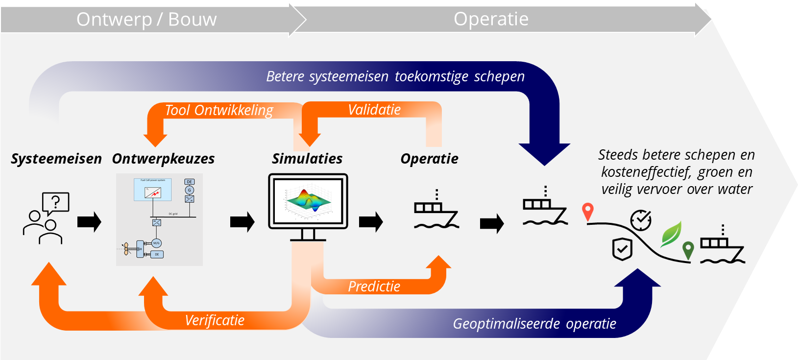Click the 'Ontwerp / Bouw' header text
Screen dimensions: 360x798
click(x=146, y=20)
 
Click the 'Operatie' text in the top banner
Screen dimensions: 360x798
click(x=491, y=19)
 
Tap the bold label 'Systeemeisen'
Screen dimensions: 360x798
click(x=56, y=159)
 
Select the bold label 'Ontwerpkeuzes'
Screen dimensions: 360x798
click(x=163, y=159)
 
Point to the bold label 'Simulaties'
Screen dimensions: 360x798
click(x=307, y=159)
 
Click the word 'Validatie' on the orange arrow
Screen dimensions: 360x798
click(x=374, y=110)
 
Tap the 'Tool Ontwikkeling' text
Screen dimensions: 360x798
click(x=219, y=110)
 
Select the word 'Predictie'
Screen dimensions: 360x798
click(x=374, y=287)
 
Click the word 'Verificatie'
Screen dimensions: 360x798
click(x=215, y=320)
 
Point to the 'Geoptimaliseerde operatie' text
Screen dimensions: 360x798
click(x=534, y=324)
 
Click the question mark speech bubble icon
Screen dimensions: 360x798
click(x=56, y=202)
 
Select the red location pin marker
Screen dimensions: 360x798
click(x=588, y=212)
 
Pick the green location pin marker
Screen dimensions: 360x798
click(x=688, y=250)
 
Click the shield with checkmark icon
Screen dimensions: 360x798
click(x=622, y=249)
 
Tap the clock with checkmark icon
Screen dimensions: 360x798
click(x=641, y=220)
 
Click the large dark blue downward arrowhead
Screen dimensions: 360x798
click(x=544, y=154)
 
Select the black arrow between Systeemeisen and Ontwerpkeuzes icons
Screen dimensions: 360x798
click(x=89, y=222)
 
